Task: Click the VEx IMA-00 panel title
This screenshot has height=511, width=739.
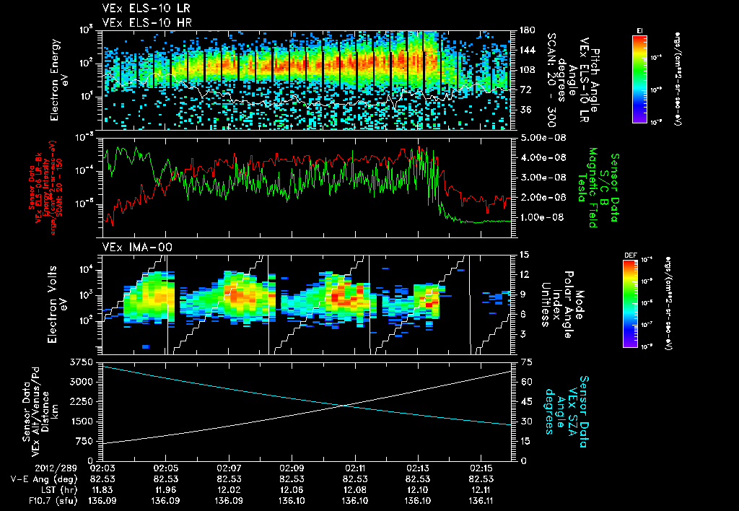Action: click(x=131, y=248)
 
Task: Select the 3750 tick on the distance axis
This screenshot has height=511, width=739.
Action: click(x=81, y=361)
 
